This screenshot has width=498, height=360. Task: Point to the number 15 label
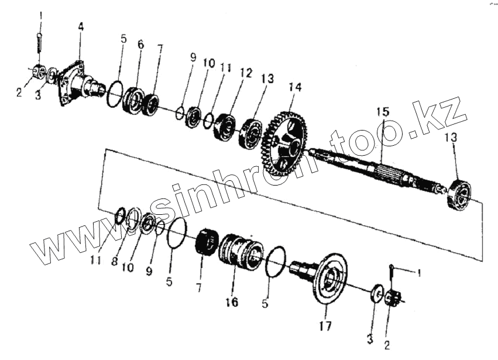[x=382, y=111]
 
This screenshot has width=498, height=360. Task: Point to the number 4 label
[x=81, y=26]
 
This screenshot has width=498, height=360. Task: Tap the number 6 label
[x=140, y=44]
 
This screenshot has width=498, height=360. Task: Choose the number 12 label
[x=245, y=73]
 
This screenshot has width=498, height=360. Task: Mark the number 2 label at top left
[x=19, y=92]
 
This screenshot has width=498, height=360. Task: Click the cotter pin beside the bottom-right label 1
[x=391, y=274]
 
